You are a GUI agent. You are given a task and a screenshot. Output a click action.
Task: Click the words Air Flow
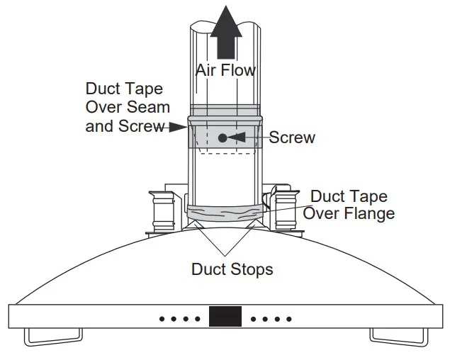225,70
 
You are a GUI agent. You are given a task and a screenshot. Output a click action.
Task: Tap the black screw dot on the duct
223,137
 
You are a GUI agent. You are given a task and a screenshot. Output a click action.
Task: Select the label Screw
292,137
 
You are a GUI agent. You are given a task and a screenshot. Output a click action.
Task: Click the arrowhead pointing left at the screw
243,137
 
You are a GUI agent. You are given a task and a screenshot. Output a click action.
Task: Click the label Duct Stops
232,269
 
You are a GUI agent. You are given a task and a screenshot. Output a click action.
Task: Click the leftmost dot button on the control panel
161,319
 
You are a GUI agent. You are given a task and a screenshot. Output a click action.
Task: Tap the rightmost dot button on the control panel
289,319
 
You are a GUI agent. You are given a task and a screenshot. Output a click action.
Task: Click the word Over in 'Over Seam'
105,108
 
